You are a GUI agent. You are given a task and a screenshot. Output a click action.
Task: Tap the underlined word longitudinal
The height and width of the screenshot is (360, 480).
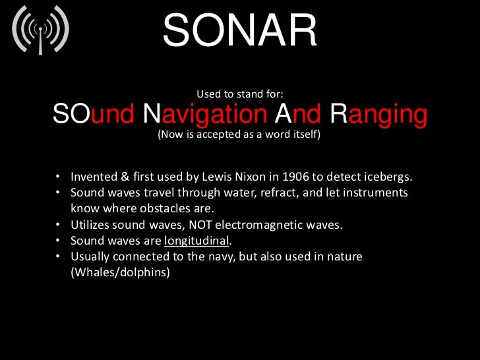(x=195, y=240)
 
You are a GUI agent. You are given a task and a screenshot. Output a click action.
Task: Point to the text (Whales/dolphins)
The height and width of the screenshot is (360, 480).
(x=120, y=271)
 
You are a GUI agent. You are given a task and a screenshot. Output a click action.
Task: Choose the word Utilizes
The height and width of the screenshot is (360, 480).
(x=91, y=224)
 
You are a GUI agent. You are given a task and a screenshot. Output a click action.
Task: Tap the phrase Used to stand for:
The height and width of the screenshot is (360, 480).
(x=240, y=94)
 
